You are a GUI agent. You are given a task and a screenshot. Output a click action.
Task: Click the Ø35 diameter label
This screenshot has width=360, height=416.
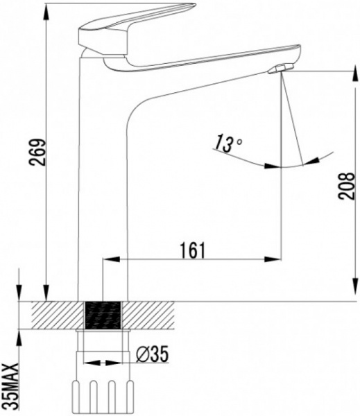point(153,354)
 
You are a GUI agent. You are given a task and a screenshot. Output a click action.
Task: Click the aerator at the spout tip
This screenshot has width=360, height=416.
point(280,68)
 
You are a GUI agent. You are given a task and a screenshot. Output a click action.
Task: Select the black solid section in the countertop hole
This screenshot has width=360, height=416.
point(103,315)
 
